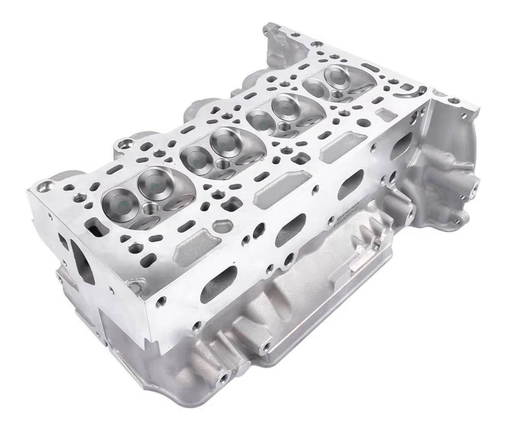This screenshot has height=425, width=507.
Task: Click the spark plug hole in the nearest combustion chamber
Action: pos(150,210)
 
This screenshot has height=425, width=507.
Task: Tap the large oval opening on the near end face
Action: pos(82,257)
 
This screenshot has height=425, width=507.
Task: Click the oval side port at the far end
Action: pos(403,148)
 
